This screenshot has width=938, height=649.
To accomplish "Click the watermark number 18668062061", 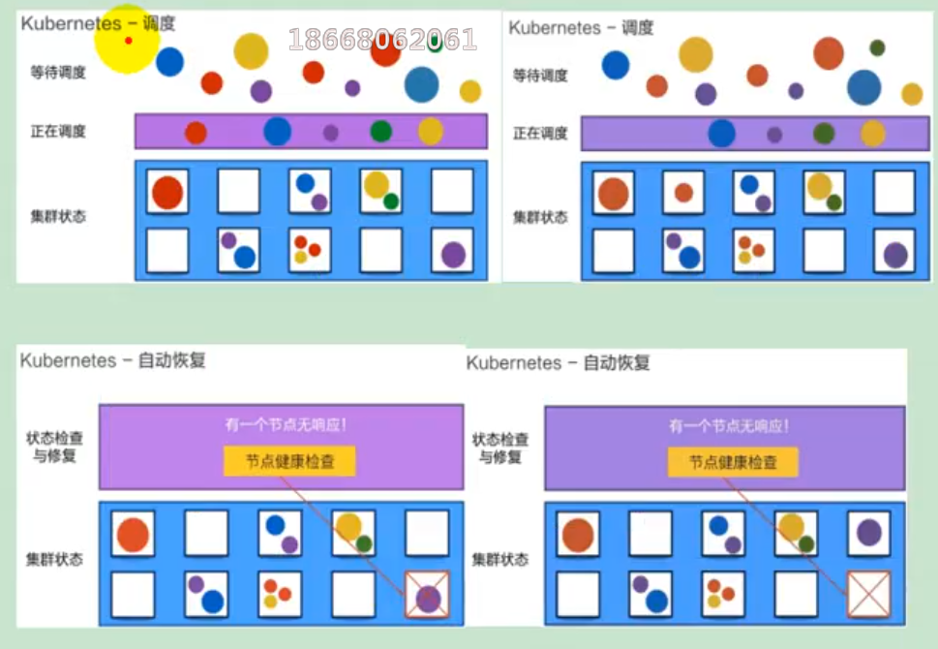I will [382, 40].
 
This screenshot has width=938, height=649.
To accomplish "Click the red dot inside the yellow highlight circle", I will [128, 40].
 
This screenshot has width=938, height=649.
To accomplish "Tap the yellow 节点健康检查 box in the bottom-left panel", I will [289, 460].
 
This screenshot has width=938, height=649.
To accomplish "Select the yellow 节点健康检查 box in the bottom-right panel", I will [733, 462].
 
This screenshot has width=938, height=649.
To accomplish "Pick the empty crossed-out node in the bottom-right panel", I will [869, 594].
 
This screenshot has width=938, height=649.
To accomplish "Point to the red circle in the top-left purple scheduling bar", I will [196, 133].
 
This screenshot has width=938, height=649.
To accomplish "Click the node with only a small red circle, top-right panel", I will [683, 193].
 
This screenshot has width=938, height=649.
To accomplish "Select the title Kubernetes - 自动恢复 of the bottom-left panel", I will [112, 360].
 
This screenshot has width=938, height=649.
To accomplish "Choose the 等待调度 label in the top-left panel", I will [58, 72].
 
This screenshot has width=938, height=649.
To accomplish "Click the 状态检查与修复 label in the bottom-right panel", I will [500, 448].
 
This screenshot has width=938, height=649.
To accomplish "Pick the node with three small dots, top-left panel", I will [310, 249].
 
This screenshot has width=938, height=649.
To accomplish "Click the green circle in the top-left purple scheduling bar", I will [381, 131].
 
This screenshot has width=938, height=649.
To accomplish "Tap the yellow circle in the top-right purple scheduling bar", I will [872, 134].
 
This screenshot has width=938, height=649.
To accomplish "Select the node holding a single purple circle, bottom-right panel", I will [868, 533].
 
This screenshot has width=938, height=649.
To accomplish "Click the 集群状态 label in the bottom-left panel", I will [54, 559].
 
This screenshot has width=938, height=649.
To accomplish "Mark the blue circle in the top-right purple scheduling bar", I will [721, 133].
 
